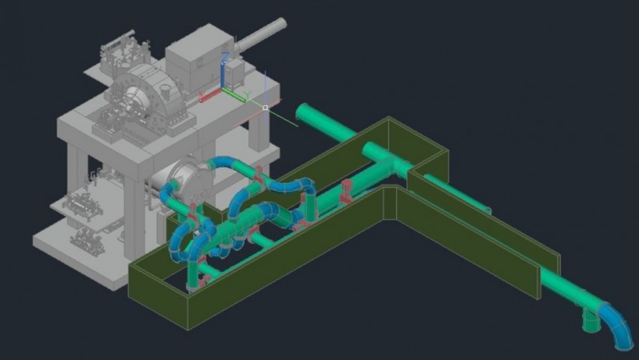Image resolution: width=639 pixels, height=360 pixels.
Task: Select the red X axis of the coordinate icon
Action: [x=210, y=96]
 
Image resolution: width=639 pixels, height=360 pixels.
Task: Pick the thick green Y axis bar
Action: [x=234, y=95]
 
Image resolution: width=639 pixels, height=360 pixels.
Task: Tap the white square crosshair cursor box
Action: [x=265, y=108]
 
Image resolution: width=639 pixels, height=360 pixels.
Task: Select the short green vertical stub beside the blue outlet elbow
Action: [x=590, y=320]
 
